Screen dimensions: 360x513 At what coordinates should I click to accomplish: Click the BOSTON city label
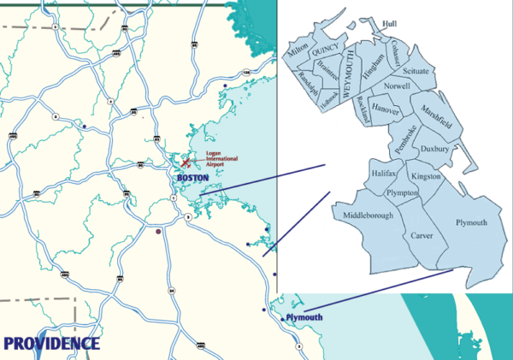click(x=192, y=178)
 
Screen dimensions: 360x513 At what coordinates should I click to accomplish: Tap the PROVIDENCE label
click(x=51, y=344)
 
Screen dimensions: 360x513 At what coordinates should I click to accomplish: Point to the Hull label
click(x=391, y=23)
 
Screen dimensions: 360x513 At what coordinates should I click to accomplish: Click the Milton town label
click(x=299, y=54)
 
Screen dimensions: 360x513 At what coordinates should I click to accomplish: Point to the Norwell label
click(x=397, y=86)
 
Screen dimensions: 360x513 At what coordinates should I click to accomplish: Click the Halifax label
click(x=385, y=174)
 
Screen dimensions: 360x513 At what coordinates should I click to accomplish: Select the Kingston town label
click(x=425, y=175)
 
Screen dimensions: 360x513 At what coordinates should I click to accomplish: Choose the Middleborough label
click(x=368, y=215)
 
